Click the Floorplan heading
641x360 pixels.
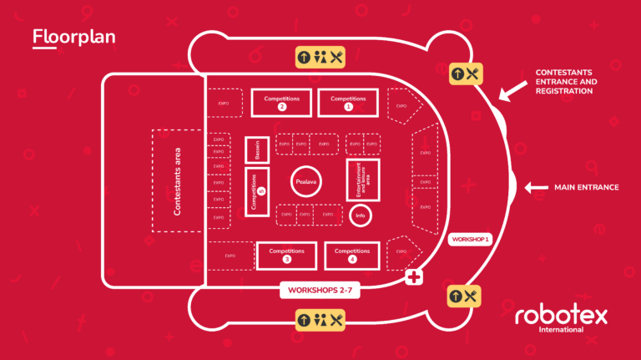click(73, 38)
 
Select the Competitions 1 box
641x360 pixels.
click(348, 103)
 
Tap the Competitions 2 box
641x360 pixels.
click(281, 103)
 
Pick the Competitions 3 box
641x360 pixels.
click(286, 255)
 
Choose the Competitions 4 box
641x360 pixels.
click(351, 255)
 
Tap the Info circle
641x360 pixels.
click(361, 216)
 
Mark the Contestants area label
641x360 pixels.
click(177, 181)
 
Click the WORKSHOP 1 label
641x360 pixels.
click(471, 240)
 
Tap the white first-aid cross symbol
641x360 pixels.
click(412, 278)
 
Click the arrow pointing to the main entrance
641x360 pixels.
click(535, 188)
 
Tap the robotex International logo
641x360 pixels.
click(561, 318)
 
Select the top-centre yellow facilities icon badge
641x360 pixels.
click(320, 58)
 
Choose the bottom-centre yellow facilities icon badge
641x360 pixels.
click(320, 319)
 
